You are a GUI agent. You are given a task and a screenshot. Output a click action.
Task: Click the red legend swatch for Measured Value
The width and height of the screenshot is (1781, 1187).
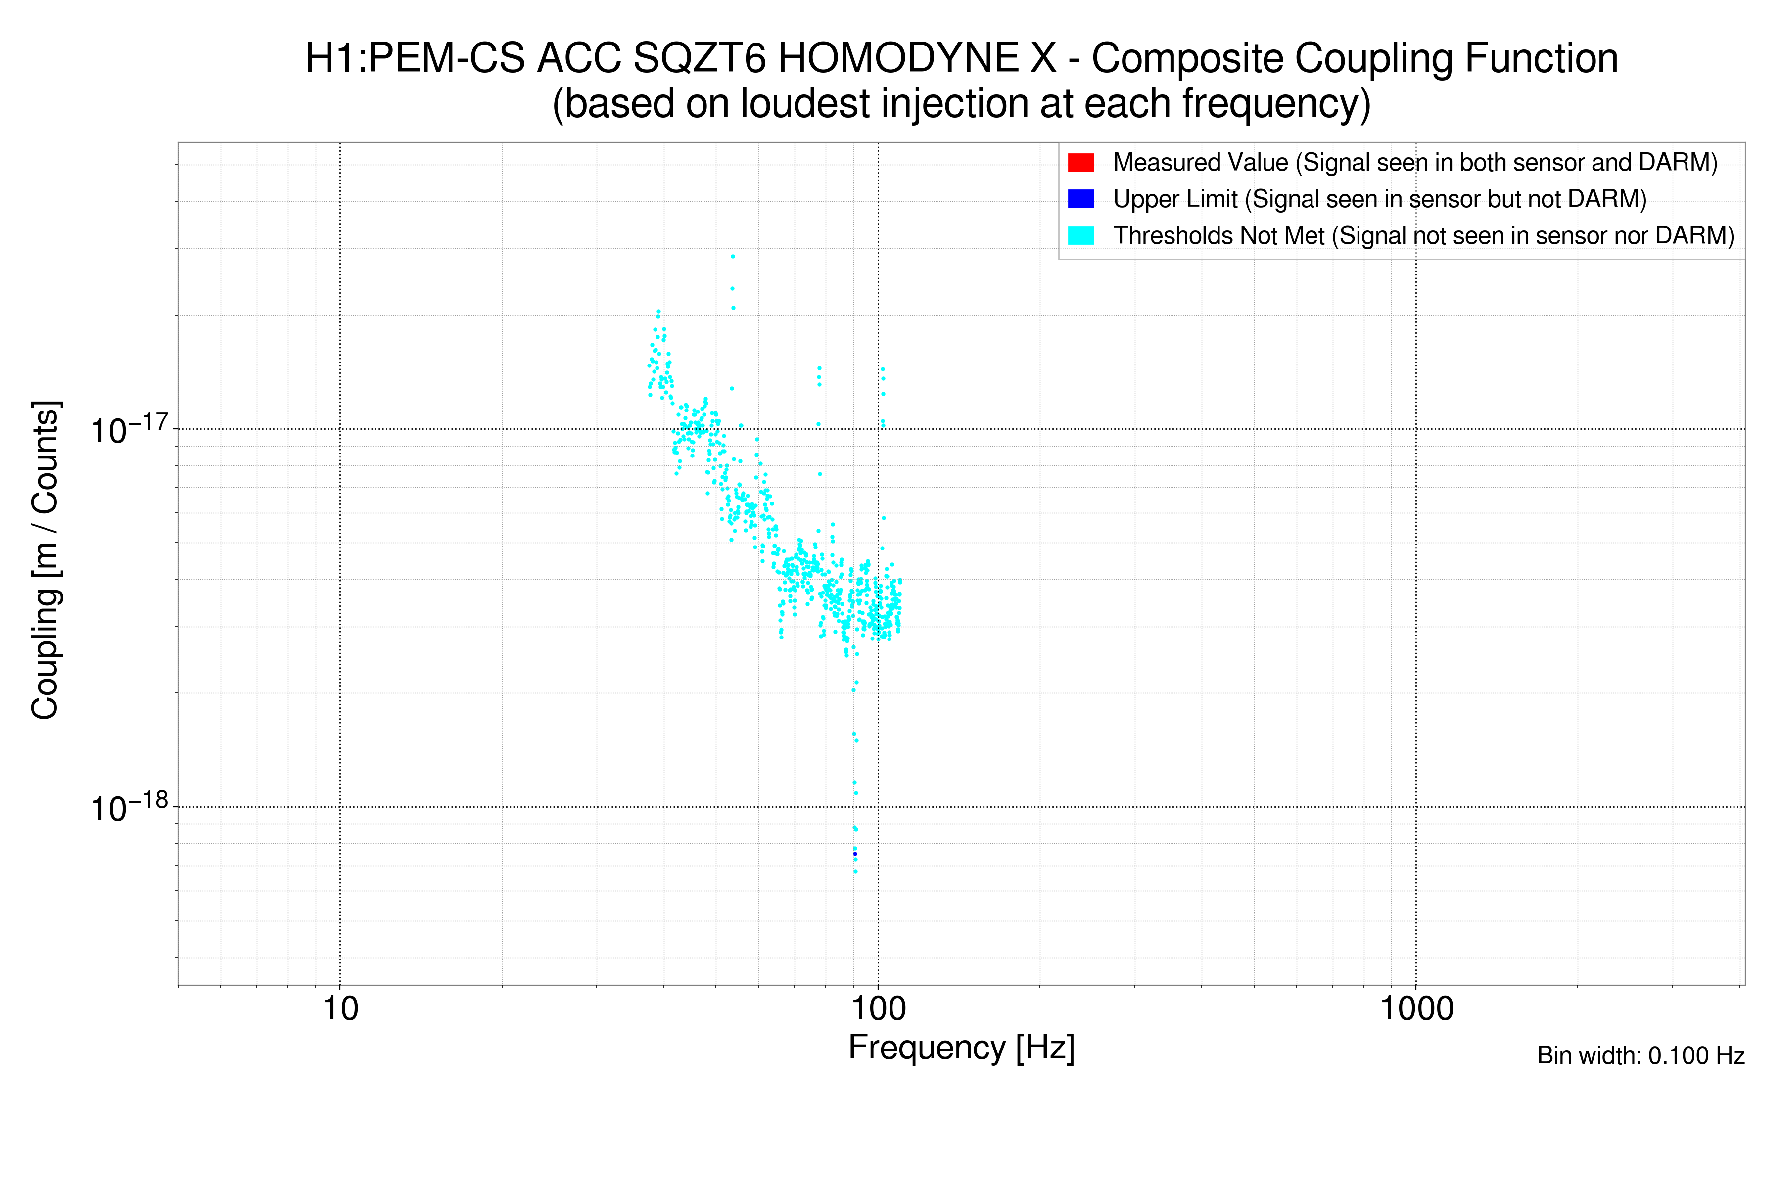pos(1080,163)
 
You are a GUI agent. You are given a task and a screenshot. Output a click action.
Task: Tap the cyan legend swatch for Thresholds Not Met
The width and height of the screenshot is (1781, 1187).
pos(1080,235)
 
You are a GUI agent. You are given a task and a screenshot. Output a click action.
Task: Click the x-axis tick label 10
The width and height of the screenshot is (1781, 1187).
pos(340,1009)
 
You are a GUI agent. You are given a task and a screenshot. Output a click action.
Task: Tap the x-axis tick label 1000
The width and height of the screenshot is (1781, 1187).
pos(1416,1009)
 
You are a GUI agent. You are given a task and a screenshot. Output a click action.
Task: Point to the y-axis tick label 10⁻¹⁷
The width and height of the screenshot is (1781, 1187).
pos(129,430)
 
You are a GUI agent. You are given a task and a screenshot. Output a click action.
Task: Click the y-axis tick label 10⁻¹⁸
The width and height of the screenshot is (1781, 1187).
pos(129,808)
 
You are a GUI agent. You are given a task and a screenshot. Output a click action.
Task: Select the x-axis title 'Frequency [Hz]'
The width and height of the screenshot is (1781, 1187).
pos(961,1048)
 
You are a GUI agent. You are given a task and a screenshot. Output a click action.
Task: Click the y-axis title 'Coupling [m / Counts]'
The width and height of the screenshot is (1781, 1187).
pos(46,560)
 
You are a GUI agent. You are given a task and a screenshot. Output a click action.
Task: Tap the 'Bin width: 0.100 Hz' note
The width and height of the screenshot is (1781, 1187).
pos(1640,1055)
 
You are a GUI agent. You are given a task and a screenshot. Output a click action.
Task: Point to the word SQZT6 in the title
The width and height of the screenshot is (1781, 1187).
pos(699,58)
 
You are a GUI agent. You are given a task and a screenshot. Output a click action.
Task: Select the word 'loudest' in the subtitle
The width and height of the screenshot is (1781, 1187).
pos(805,104)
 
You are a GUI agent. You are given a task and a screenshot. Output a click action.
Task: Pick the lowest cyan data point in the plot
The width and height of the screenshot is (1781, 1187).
pos(856,872)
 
